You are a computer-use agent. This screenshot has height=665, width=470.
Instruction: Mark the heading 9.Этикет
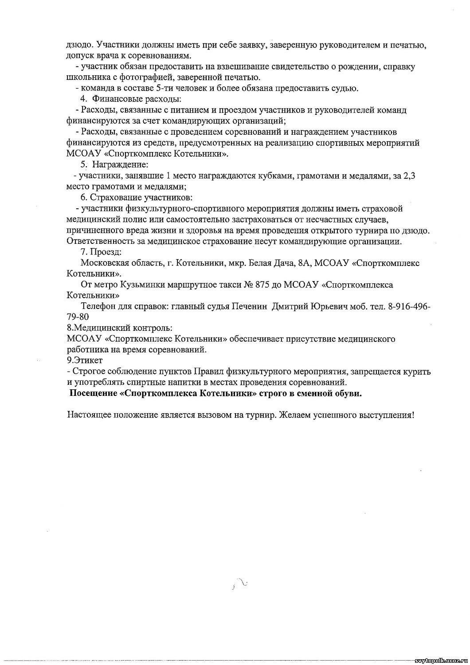[84, 360]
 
